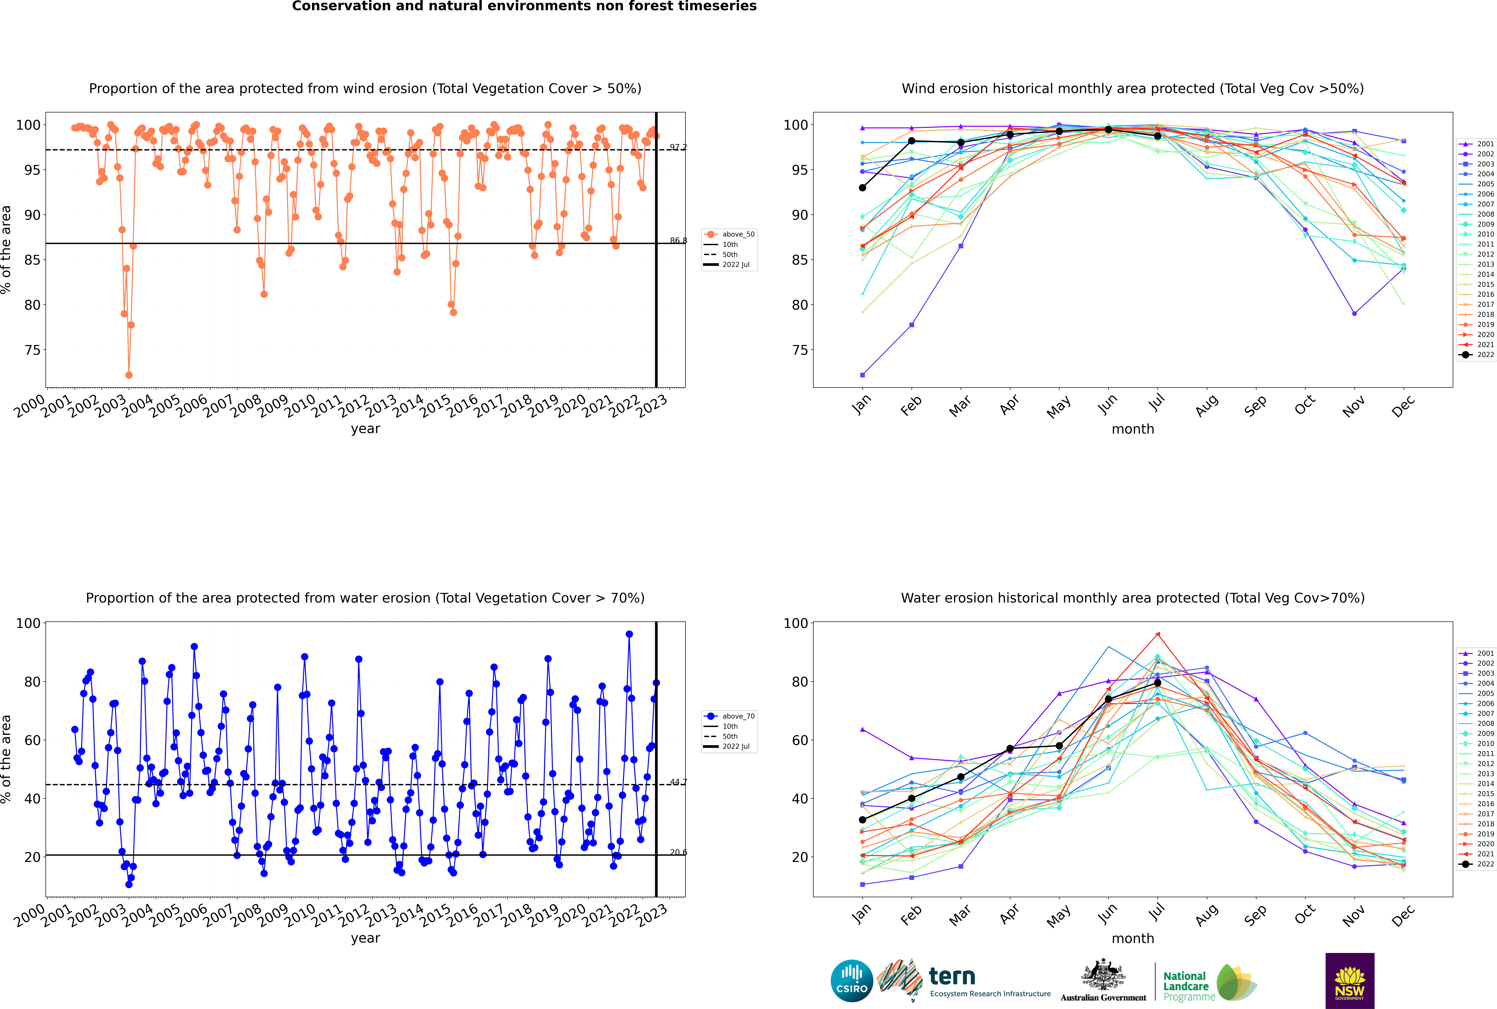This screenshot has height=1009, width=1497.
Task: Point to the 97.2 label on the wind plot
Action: pos(678,147)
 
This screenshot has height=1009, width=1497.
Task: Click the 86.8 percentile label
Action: pos(678,241)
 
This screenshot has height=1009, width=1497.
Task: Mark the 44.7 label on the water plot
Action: pos(678,783)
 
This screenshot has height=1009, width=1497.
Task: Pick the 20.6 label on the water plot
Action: pos(678,853)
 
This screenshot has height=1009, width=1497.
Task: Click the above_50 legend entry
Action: pos(738,234)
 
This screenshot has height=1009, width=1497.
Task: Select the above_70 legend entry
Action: pos(738,716)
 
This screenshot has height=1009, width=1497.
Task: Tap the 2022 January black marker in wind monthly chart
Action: pos(862,188)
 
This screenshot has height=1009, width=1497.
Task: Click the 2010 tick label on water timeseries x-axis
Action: pos(301,915)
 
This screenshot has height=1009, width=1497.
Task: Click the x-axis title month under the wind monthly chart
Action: pos(1133,429)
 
